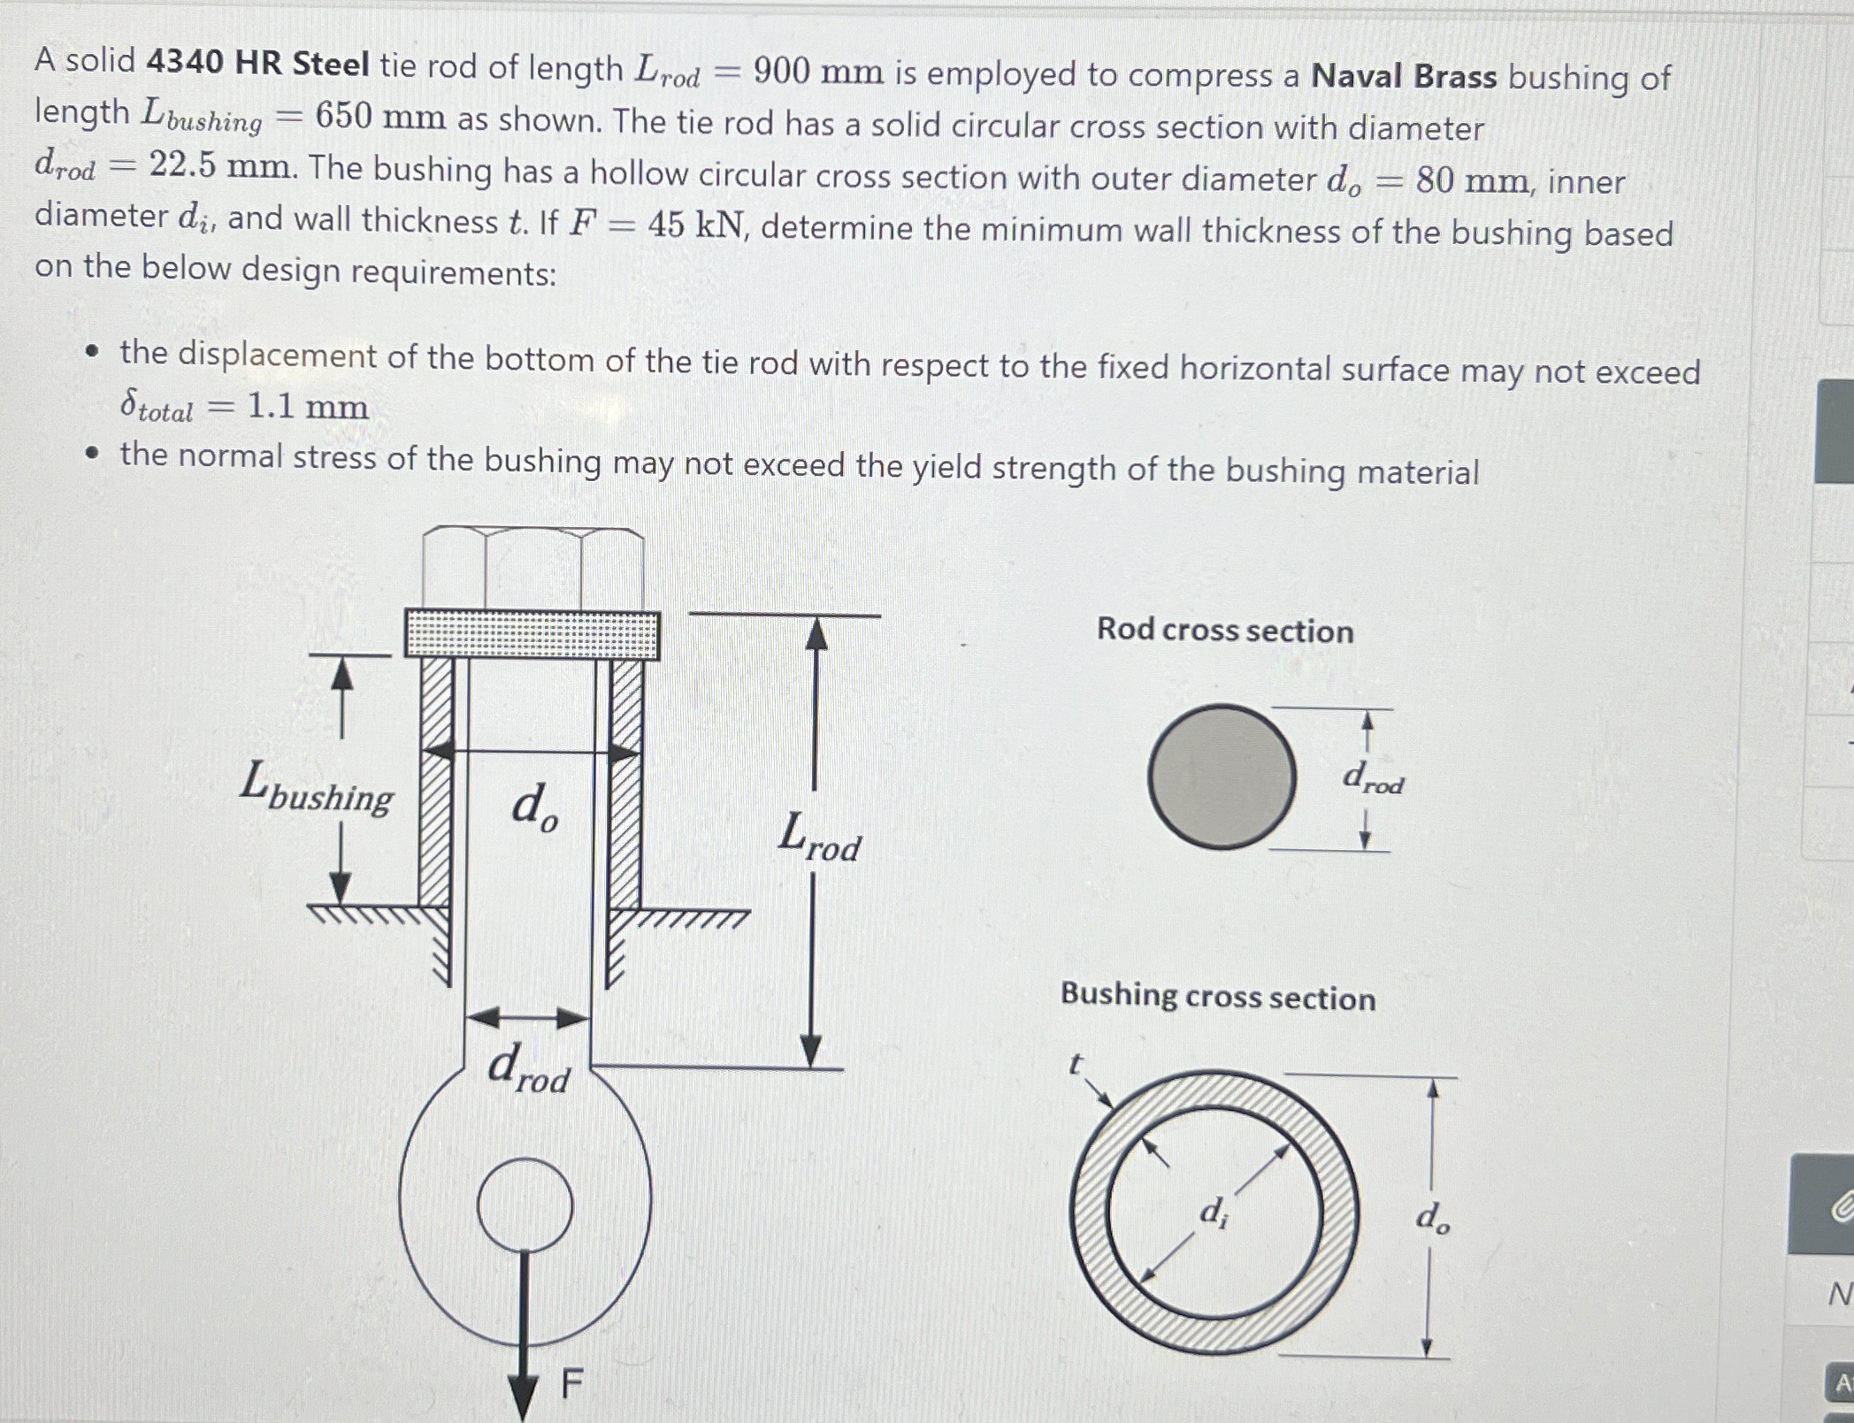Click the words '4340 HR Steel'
257,64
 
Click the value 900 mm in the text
817,73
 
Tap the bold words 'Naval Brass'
1404,77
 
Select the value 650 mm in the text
380,116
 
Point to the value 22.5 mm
220,165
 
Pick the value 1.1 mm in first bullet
307,406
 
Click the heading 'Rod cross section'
1224,630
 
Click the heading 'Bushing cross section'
1217,996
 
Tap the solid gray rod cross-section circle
1221,776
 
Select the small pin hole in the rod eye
525,1205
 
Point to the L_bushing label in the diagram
316,787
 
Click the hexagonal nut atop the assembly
532,569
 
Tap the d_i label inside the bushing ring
1213,1212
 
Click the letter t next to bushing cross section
1075,1065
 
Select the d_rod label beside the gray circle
1372,778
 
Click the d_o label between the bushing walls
533,807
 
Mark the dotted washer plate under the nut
532,634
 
